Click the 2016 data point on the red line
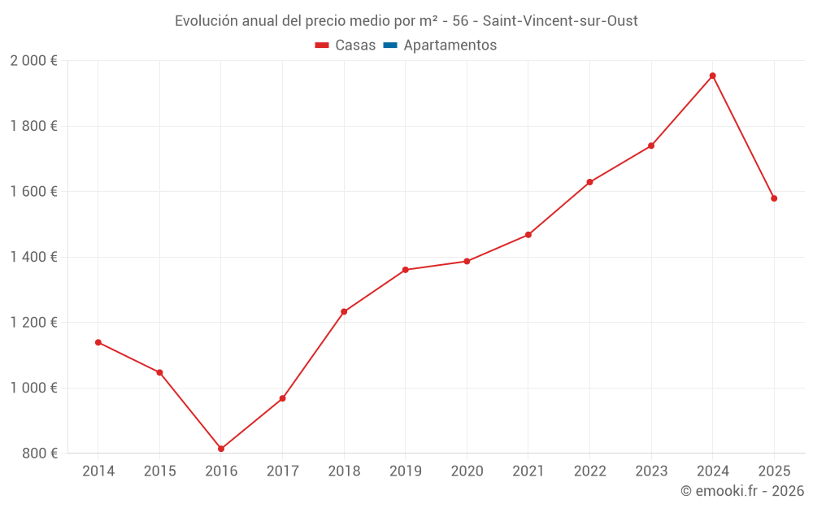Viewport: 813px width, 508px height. coord(221,449)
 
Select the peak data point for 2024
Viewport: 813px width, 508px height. coord(712,76)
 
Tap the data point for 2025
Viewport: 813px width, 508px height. coord(774,198)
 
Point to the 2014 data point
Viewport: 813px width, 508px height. coord(98,342)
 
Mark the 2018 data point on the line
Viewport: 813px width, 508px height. coord(344,311)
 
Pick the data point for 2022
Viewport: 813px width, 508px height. coord(589,182)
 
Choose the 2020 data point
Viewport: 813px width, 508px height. coord(467,261)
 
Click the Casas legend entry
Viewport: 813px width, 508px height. coord(354,46)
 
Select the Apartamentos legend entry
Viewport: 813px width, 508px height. coord(450,46)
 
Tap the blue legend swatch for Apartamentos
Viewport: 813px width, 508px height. coord(390,46)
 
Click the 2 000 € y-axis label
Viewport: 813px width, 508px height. coord(33,61)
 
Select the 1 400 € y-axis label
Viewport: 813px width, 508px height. coord(33,257)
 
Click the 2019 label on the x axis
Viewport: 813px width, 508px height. coord(405,471)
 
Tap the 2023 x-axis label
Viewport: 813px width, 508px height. coord(651,471)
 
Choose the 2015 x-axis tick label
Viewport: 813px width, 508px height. coord(159,471)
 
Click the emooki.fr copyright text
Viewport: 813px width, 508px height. coord(741,491)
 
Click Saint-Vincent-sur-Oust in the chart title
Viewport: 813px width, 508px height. coord(560,21)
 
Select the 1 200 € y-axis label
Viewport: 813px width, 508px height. coord(33,323)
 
